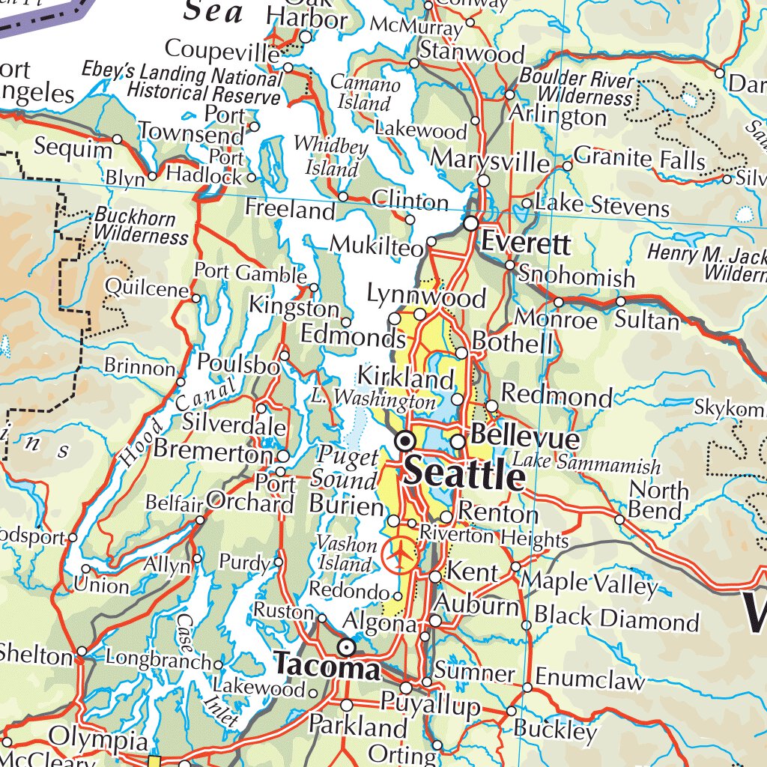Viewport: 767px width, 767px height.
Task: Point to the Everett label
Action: click(x=526, y=243)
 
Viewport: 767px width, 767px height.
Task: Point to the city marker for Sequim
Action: click(x=118, y=139)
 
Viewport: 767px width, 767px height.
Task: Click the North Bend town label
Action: click(x=657, y=501)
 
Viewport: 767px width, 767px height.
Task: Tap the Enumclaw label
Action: click(x=589, y=681)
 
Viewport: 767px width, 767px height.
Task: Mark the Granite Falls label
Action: click(x=640, y=160)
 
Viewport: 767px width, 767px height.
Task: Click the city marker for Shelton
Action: click(x=81, y=651)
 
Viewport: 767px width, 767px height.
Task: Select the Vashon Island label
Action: click(x=346, y=554)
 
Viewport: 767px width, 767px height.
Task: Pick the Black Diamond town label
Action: click(x=616, y=620)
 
